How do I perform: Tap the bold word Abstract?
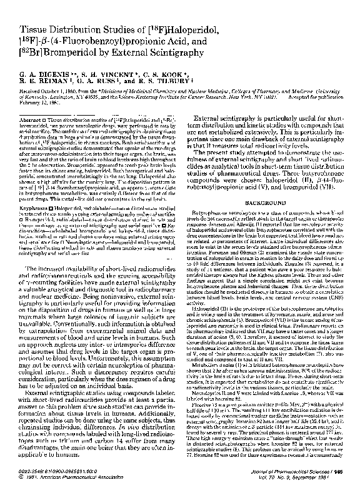click(x=28, y=119)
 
